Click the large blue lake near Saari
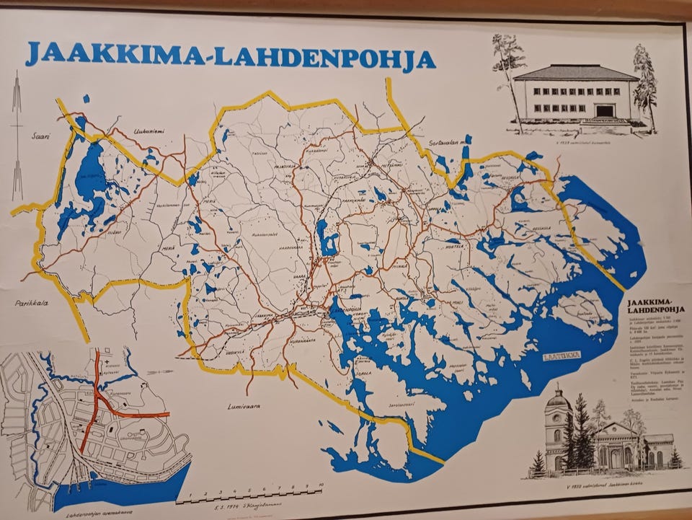click(x=89, y=184)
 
